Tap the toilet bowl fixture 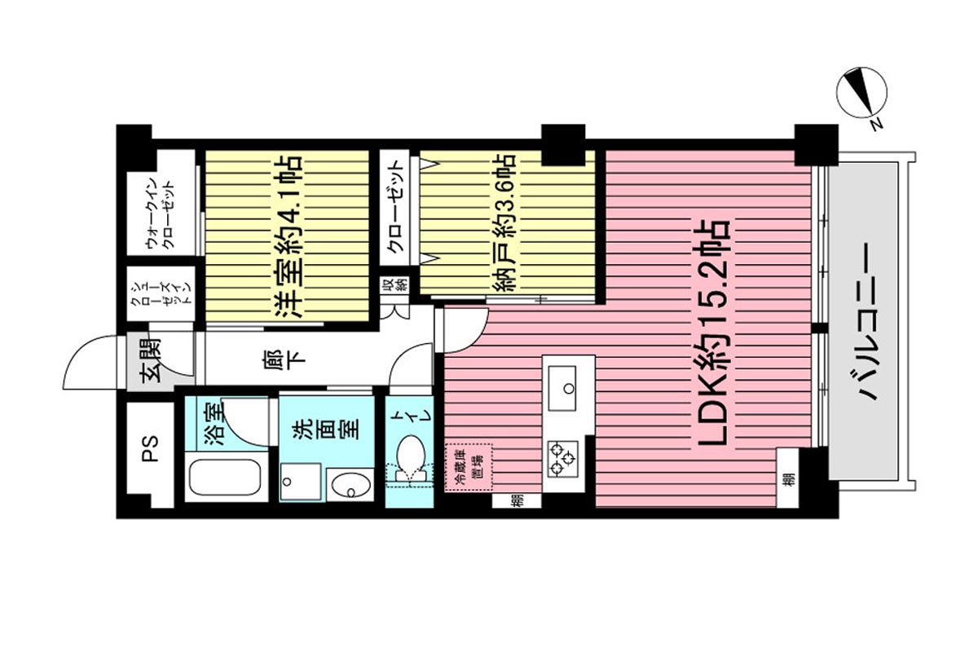411,460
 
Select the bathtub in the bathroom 226,477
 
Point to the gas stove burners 562,459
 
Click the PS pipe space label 151,449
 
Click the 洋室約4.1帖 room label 288,236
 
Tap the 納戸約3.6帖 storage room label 504,223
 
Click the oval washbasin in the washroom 350,484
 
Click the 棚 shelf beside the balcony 789,479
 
